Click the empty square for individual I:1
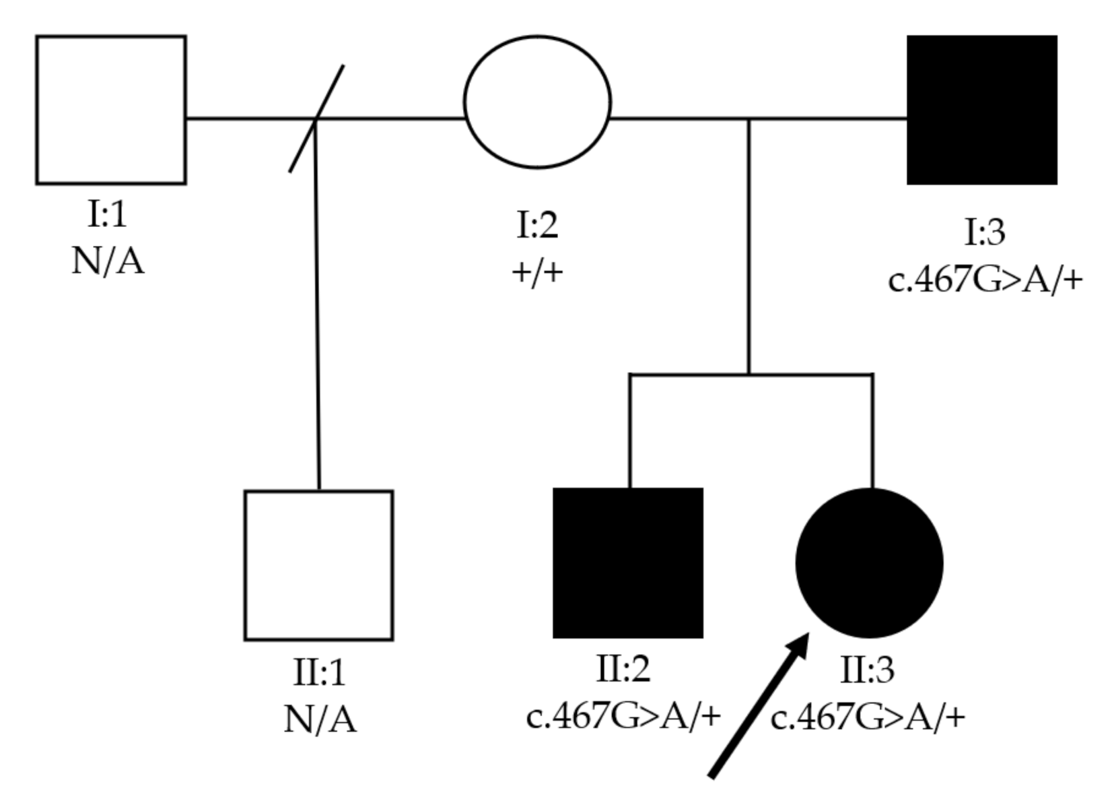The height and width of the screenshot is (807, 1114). (111, 110)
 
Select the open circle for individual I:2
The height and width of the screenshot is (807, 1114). (537, 102)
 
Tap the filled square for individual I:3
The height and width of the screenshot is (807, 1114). (982, 110)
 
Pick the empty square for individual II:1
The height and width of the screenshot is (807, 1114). (318, 565)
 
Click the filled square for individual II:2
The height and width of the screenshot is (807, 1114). (628, 563)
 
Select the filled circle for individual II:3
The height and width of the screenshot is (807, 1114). (869, 563)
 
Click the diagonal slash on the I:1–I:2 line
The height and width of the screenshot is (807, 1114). (316, 119)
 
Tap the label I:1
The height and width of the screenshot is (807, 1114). (108, 215)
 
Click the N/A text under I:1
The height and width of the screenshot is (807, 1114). (108, 261)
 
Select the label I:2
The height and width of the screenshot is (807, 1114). (537, 226)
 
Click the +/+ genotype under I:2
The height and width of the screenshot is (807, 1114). (537, 273)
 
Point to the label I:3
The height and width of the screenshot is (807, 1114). (985, 232)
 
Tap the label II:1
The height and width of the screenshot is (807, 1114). (320, 673)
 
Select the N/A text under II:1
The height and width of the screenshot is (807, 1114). (320, 720)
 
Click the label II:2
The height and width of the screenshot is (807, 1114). (623, 669)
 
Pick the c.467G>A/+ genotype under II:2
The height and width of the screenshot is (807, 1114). (623, 716)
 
